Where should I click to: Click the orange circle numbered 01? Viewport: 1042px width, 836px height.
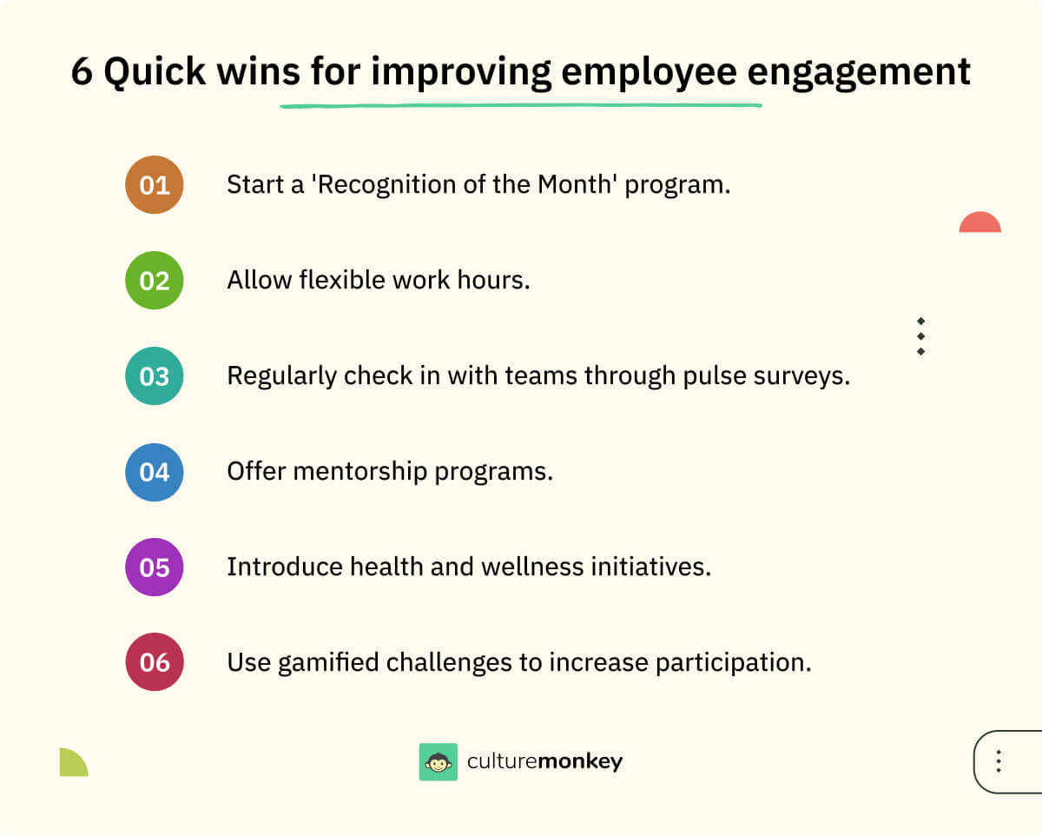(155, 184)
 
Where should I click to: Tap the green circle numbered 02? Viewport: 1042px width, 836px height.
(155, 280)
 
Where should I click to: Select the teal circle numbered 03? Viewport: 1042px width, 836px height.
(155, 375)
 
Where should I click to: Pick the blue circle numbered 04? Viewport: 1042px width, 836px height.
(155, 471)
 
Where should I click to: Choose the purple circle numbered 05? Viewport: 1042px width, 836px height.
(155, 567)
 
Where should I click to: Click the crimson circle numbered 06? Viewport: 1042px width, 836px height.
(155, 662)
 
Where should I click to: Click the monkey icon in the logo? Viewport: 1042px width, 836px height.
(438, 762)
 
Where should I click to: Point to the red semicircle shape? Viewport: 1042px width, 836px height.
(979, 223)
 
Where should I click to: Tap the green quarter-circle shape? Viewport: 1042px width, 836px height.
(72, 763)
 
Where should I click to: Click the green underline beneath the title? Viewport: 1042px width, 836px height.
(520, 106)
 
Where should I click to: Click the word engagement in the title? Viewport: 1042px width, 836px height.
(858, 73)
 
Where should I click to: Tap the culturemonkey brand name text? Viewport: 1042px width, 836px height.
(544, 762)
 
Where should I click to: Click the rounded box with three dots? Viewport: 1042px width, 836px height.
(1007, 761)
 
